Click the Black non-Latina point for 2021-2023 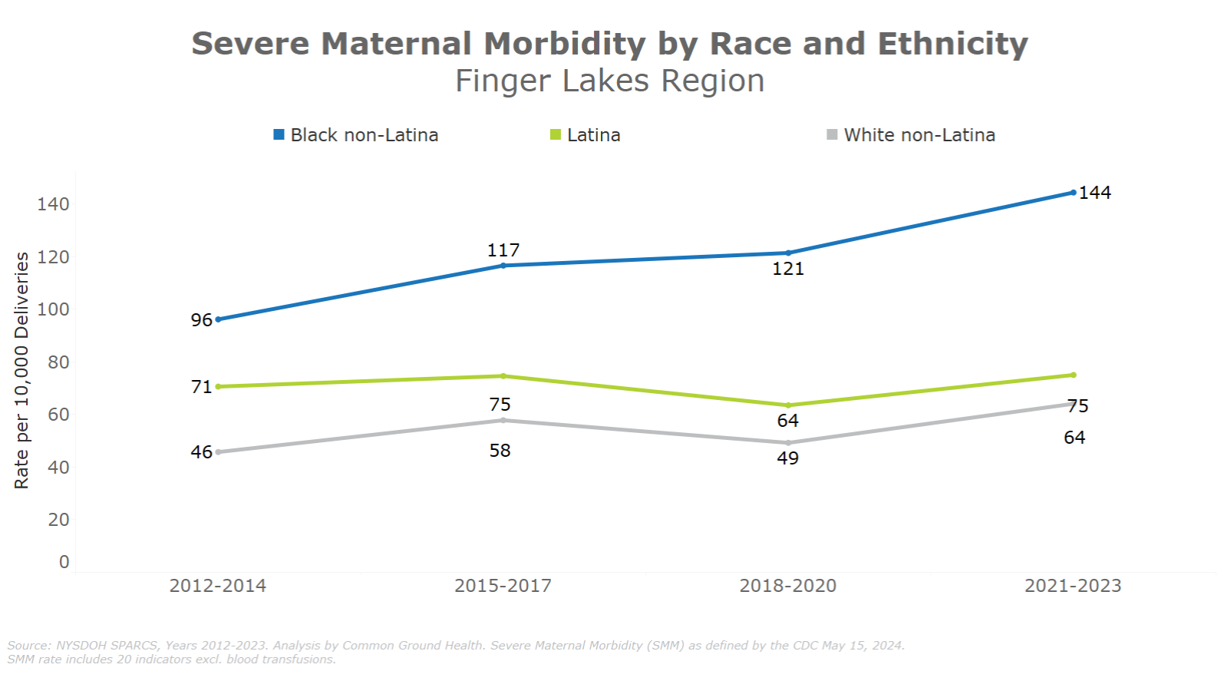pos(1073,193)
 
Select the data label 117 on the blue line pos(503,250)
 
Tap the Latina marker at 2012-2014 pos(218,387)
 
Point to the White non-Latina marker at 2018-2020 pos(788,443)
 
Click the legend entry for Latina pos(586,135)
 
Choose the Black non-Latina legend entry pos(356,135)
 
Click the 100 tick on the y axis pos(53,309)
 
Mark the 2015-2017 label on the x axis pos(503,586)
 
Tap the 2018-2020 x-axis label pos(787,586)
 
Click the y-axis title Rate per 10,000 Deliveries pos(21,370)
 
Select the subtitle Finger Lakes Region pos(610,81)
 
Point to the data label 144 pos(1095,193)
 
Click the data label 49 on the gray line pos(788,458)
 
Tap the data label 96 pos(201,320)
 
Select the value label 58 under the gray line pos(500,451)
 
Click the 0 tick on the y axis pos(64,562)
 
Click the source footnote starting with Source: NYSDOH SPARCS pos(456,646)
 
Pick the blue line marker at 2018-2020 pos(788,253)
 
